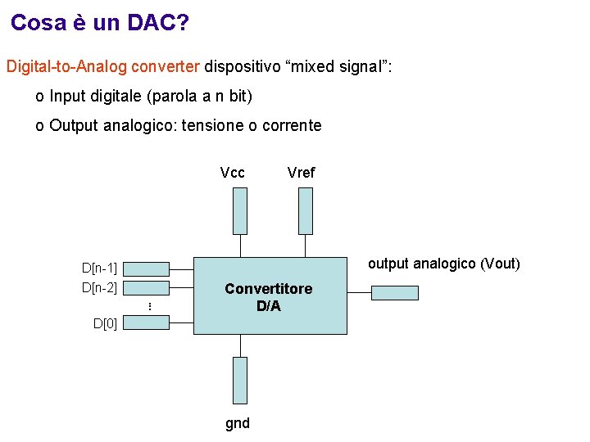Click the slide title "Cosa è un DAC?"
tap(100, 23)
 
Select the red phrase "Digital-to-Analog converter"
tap(103, 66)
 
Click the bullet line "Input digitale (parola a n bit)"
tap(150, 97)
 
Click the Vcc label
tap(233, 173)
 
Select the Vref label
tap(301, 173)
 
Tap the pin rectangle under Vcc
tap(239, 210)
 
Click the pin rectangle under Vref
tap(305, 210)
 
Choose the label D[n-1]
tap(99, 268)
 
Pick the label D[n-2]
tap(99, 287)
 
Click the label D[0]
tap(105, 323)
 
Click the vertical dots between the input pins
tap(150, 305)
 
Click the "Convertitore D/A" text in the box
tap(269, 298)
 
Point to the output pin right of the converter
tap(394, 292)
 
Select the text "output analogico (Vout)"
tap(443, 264)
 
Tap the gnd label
tap(238, 423)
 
